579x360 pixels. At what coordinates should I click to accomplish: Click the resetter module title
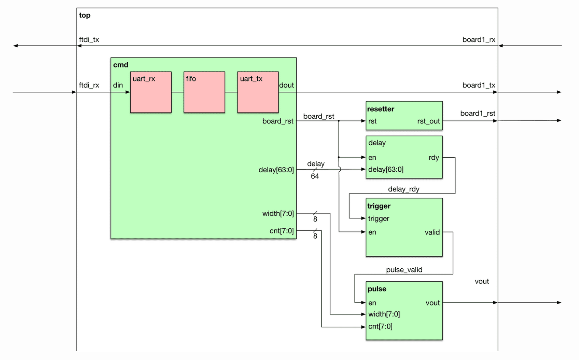point(380,109)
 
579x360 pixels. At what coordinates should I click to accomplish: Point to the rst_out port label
point(428,121)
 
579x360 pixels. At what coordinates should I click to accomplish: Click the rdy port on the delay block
point(433,158)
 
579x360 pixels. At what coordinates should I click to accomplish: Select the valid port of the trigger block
point(432,232)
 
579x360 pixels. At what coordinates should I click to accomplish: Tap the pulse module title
point(377,289)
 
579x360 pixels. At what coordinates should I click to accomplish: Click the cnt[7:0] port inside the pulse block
point(380,326)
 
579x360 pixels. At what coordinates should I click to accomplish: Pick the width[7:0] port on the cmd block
point(278,214)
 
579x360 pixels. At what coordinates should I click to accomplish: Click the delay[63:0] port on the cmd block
point(276,170)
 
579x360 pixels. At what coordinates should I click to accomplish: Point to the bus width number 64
point(315,176)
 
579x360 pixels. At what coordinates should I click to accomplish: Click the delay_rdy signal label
point(404,189)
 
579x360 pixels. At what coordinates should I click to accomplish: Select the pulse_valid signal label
point(404,270)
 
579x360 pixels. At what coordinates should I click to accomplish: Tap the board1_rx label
point(479,40)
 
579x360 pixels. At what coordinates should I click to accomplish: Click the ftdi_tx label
point(89,40)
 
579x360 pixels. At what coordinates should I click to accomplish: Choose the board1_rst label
point(477,113)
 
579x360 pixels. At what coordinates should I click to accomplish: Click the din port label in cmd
point(118,85)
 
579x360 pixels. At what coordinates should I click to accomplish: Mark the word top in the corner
point(85,16)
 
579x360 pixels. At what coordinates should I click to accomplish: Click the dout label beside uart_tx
point(286,85)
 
